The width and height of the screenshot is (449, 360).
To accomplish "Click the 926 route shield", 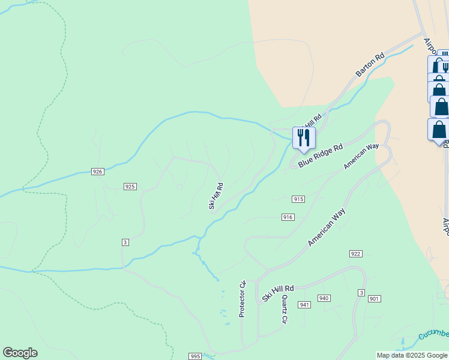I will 98,172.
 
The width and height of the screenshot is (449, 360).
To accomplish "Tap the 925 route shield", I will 130,187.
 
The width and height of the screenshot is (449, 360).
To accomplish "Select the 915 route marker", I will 299,199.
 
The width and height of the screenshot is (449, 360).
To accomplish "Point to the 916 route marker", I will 288,217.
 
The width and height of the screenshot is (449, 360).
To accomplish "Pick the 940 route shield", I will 324,298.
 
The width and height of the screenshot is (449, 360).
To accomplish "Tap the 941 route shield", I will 304,305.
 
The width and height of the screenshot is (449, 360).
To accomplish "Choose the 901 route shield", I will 375,299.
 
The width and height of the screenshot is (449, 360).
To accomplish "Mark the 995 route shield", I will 194,356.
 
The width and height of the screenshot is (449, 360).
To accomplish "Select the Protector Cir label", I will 243,298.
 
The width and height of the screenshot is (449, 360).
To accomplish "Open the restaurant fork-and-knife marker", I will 304,137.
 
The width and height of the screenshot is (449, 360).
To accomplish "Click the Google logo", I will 20,353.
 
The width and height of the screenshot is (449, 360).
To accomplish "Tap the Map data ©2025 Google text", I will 412,356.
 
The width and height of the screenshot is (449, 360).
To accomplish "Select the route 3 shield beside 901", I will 361,292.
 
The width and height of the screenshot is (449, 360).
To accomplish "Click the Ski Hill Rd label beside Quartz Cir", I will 278,293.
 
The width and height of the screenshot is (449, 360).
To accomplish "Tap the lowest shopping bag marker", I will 439,129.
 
